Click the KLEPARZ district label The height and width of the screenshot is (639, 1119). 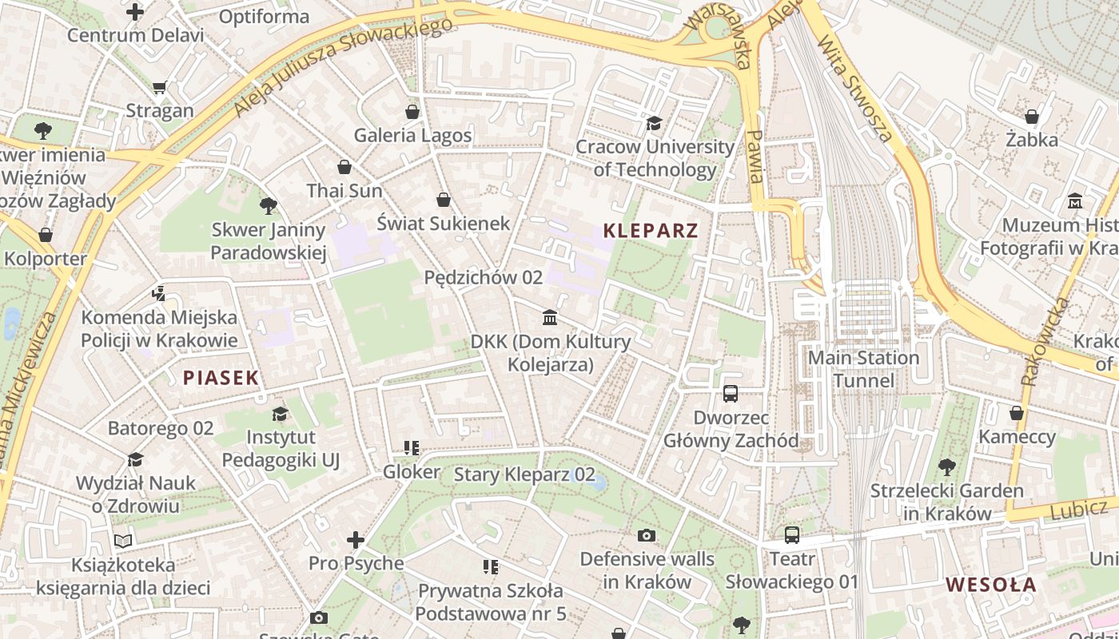pos(651,232)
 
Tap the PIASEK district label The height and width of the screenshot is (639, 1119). pos(221,378)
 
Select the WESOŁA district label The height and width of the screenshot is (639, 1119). pos(991,585)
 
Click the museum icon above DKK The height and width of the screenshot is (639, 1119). pos(550,318)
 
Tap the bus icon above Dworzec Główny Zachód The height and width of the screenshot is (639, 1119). pos(731,393)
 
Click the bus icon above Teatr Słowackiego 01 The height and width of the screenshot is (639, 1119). pos(791,535)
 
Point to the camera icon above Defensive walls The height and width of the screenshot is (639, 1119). pos(647,535)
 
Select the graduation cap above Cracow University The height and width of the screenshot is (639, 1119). pos(654,123)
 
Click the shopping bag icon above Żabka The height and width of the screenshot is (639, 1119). pos(1032,117)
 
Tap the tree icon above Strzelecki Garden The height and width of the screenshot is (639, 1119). pos(946,466)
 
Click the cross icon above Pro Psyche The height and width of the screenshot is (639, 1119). pos(356,540)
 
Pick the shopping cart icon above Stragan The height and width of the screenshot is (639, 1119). pos(159,87)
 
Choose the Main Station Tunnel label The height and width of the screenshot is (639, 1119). pos(863,368)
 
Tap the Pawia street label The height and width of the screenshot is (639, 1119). pos(754,157)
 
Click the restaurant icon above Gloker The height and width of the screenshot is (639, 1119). pos(412,448)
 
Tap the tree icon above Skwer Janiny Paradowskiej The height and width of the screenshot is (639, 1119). pos(269,206)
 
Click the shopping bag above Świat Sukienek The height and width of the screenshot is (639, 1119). pos(444,200)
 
